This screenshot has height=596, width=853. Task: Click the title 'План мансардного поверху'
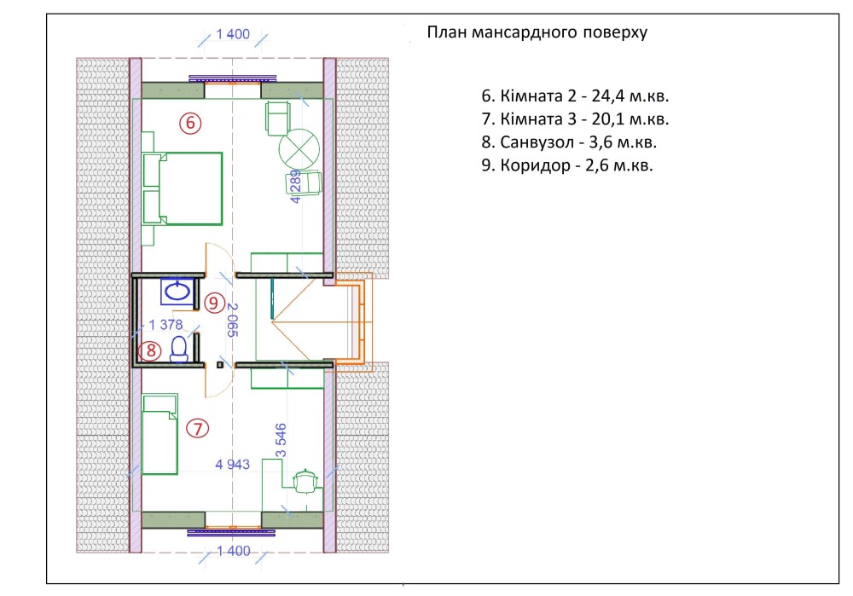coord(537,32)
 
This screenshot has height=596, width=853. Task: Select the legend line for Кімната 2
coord(575,95)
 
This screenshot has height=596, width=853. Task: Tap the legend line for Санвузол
coord(569,142)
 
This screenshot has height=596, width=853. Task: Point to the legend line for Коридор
coord(567,165)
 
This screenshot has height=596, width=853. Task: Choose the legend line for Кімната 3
coord(575,119)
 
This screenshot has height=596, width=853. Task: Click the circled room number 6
coord(190,123)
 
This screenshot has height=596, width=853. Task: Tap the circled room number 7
coord(198,429)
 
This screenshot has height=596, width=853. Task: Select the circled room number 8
coord(150,350)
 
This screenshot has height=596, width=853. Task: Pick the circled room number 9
coord(214,303)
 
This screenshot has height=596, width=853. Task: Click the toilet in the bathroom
coord(179,349)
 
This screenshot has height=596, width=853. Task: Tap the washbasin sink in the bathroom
coord(177,292)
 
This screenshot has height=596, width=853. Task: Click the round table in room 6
coord(299,148)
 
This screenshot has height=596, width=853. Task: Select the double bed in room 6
coord(183,188)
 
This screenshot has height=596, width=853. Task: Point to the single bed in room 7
coord(160,435)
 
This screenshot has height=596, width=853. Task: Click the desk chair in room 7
coord(305,481)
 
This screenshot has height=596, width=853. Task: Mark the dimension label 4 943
coord(232,464)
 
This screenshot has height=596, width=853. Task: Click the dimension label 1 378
coord(165,325)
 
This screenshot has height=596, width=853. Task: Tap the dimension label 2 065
coord(232,320)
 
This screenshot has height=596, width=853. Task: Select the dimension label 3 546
coord(281,441)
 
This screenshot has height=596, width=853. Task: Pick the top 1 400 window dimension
coord(233,34)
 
